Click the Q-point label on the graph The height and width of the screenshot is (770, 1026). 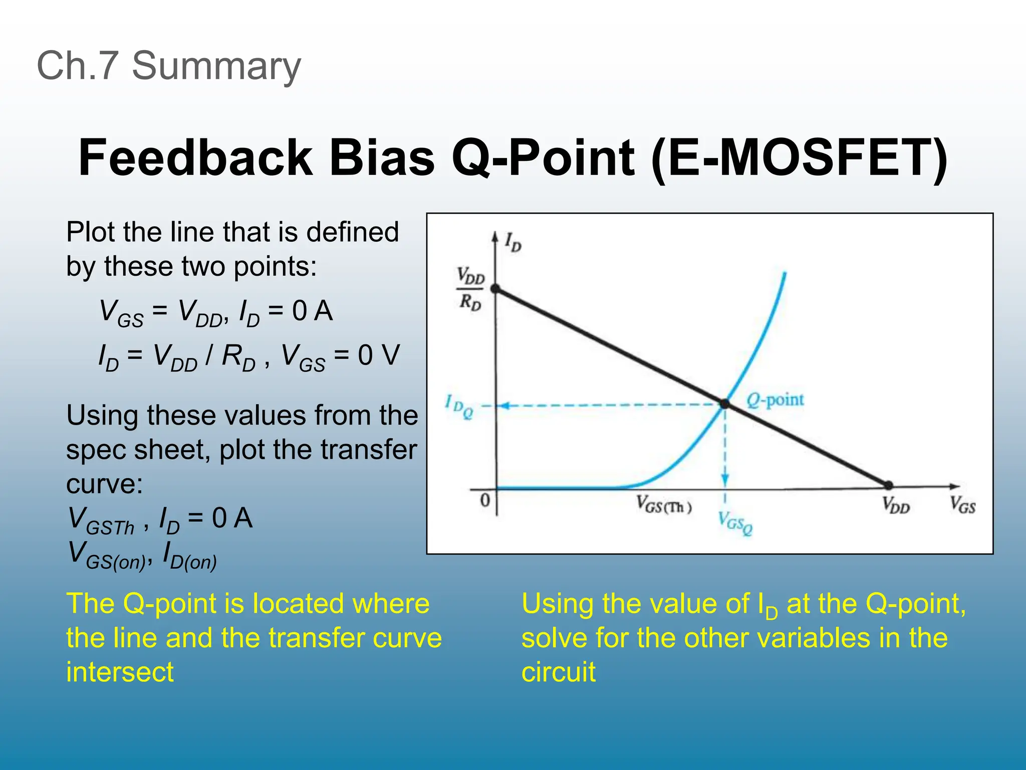[775, 401]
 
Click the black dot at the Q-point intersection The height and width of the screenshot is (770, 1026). [724, 404]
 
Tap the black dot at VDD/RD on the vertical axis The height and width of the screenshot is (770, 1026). [495, 289]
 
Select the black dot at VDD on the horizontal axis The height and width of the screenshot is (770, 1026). [888, 485]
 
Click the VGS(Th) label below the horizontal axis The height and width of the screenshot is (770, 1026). [664, 505]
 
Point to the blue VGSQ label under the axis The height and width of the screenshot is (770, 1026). [735, 522]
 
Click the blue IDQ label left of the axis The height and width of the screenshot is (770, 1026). [459, 406]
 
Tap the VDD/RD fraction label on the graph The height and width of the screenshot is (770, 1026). [470, 289]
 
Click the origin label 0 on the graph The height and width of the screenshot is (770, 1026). [484, 500]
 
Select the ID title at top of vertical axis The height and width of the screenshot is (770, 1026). [513, 242]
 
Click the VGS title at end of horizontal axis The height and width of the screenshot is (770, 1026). [962, 505]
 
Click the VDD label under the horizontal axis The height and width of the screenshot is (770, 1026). [896, 505]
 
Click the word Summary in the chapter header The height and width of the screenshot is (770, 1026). [216, 66]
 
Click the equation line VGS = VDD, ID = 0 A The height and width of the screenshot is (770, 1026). [216, 312]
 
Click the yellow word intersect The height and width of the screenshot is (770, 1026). [120, 672]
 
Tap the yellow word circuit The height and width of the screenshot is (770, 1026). [558, 672]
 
